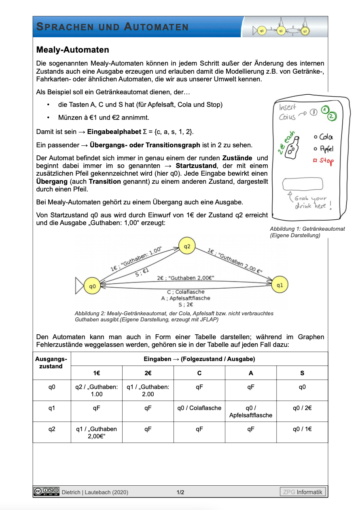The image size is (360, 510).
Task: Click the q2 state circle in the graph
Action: coord(187,246)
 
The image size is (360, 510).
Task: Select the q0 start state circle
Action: coord(93,286)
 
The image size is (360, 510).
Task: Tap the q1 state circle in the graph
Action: coord(280,285)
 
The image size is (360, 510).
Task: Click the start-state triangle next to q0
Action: coord(79,286)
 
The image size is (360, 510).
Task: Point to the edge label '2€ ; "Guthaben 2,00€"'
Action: coord(186,278)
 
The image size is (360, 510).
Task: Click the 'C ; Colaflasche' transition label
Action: coord(186,292)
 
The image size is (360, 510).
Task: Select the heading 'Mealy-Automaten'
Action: coord(73,50)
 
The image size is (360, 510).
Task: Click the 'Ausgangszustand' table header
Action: coord(52,362)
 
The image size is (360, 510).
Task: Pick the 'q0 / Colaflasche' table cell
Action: coord(199,408)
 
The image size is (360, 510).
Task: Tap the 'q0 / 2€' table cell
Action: coord(302,408)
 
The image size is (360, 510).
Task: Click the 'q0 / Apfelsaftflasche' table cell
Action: coord(251,412)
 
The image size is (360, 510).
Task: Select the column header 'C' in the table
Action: coord(199,373)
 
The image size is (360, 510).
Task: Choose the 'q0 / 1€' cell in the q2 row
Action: coord(302,429)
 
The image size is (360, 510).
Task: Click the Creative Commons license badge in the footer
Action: coord(47,491)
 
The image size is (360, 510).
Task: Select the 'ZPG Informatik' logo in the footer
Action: coord(303,492)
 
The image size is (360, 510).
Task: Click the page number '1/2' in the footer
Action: coord(180,492)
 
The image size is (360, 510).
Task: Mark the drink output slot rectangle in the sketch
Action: coord(303,185)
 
